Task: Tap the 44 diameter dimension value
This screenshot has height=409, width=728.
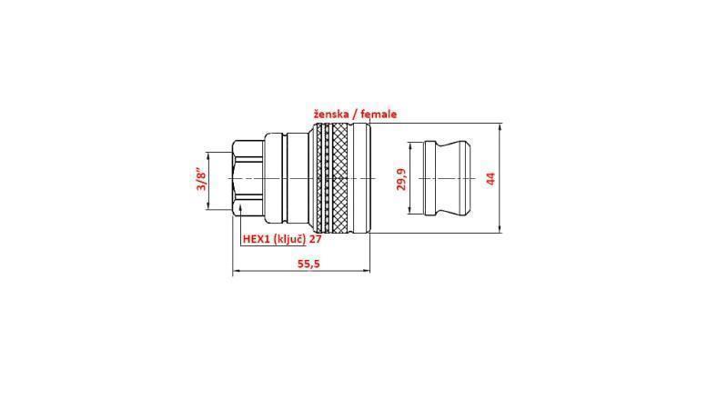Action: tap(490, 178)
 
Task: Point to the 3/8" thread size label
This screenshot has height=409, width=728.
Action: tap(202, 178)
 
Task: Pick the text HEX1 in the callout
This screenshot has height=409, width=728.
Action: tap(257, 239)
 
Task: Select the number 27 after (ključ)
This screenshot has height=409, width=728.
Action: tap(316, 239)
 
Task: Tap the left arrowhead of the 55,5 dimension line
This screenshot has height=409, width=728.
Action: tap(237, 271)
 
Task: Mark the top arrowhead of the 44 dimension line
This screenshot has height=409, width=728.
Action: tap(500, 126)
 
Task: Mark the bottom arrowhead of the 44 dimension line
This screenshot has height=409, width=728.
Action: tap(500, 232)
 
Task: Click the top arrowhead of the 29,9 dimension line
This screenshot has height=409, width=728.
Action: tap(411, 144)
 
